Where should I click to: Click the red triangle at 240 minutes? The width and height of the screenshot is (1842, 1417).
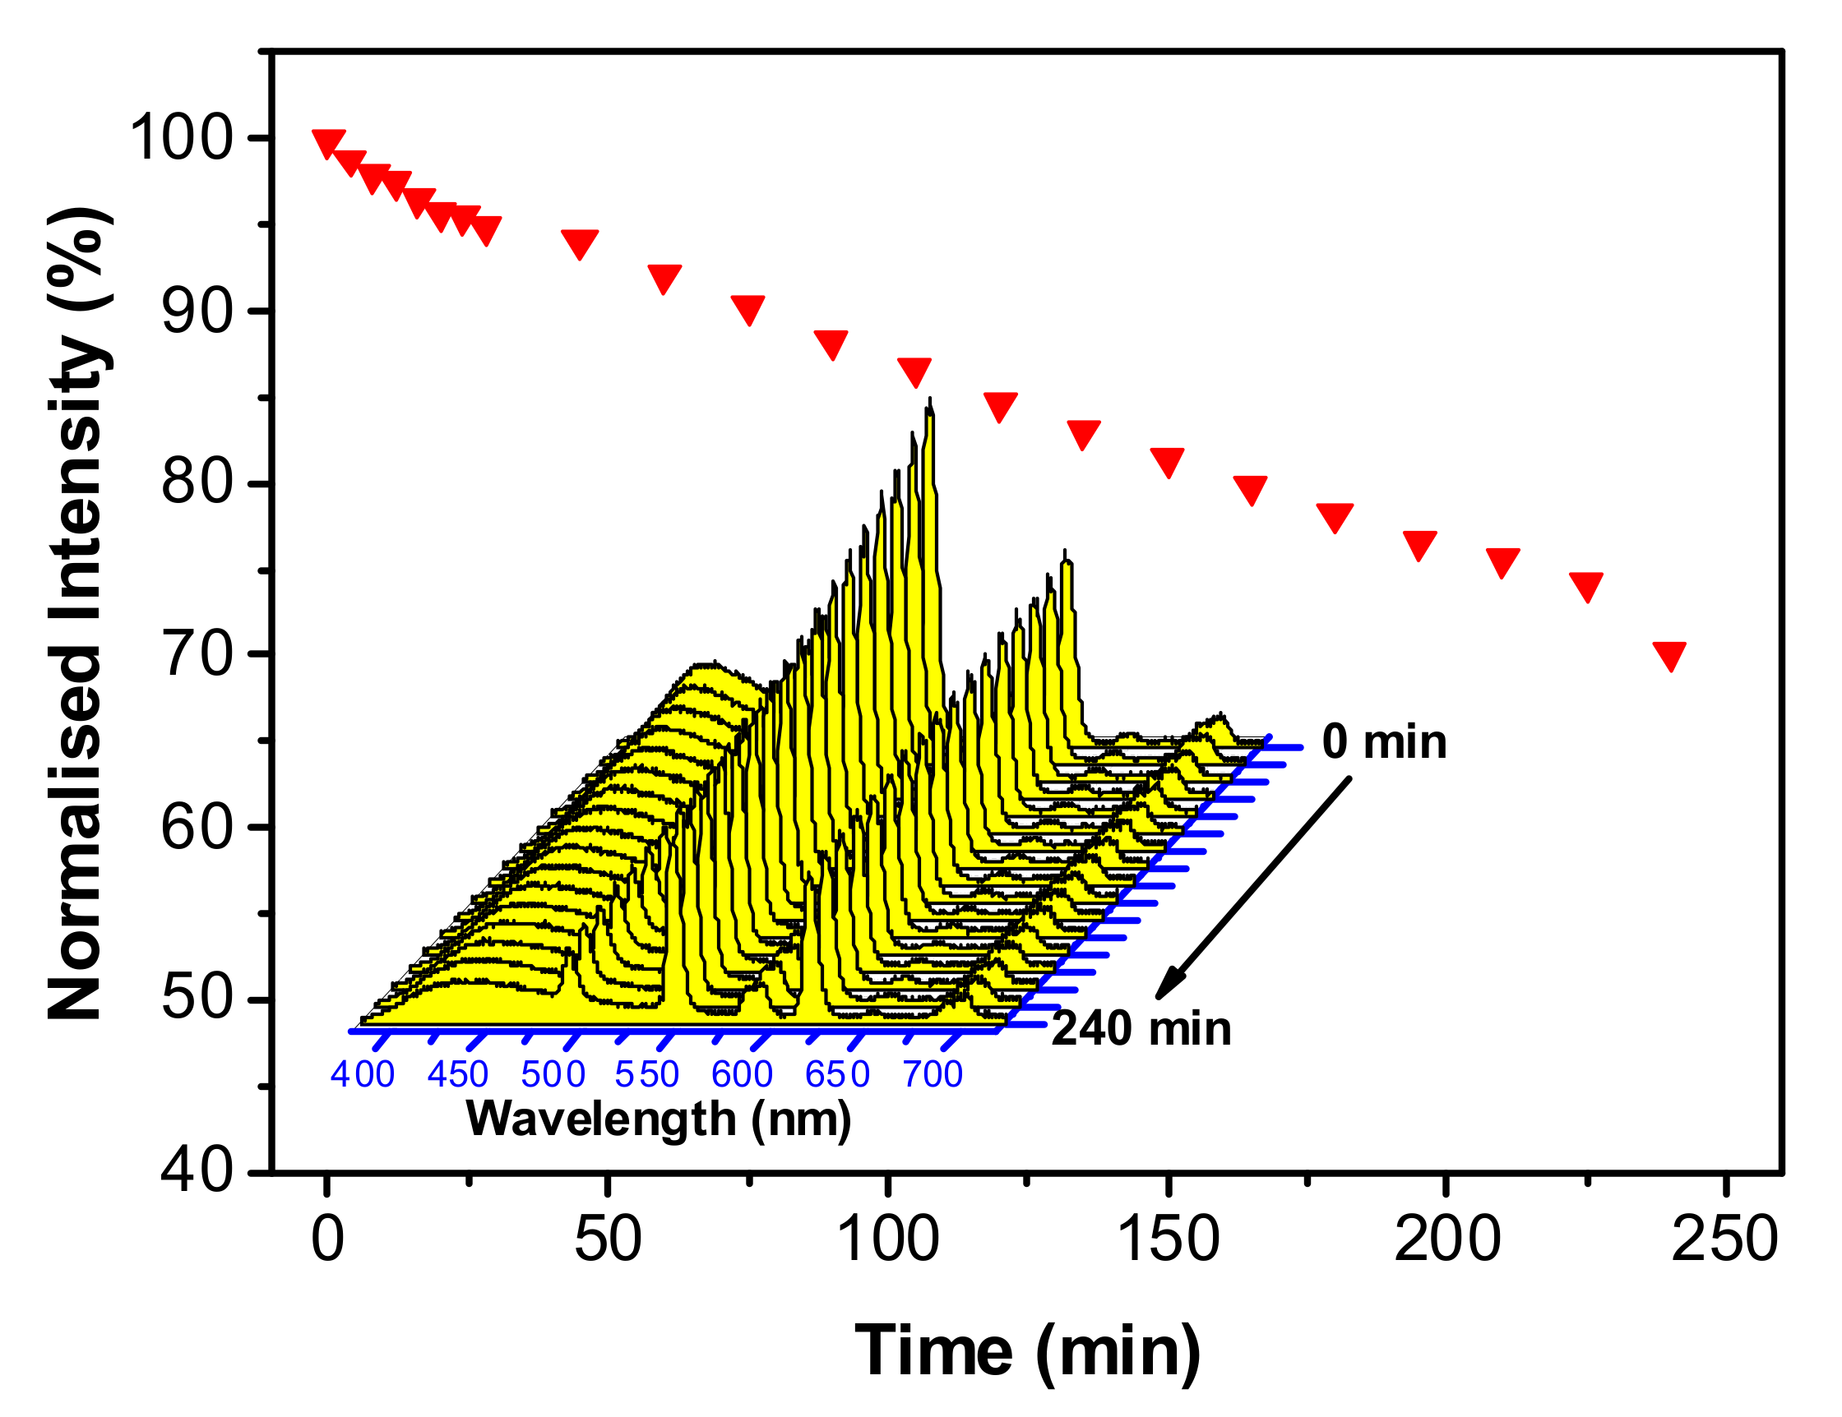point(1669,655)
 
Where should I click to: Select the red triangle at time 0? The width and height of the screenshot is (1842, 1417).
point(328,142)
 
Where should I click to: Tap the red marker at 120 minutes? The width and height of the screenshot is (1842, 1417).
point(1000,405)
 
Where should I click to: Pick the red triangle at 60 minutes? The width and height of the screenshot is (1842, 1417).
point(664,277)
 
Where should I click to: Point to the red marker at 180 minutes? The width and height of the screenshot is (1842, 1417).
point(1335,517)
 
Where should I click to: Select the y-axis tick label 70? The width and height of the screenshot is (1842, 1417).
point(196,655)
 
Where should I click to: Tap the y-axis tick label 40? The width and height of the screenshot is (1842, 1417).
point(196,1171)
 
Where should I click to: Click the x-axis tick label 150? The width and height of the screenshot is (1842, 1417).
point(1169,1240)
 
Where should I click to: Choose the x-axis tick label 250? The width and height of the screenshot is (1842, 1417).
point(1724,1240)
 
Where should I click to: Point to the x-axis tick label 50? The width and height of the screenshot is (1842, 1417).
point(607,1240)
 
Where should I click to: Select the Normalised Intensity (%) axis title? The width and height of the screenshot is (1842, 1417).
point(77,614)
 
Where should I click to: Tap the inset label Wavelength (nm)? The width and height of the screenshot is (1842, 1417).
point(659,1119)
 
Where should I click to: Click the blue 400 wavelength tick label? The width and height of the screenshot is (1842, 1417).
point(362,1075)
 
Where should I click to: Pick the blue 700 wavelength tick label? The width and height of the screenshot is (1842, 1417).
point(933,1075)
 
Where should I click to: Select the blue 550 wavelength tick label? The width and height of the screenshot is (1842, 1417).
point(647,1075)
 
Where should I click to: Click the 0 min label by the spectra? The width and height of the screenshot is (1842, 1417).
point(1384,743)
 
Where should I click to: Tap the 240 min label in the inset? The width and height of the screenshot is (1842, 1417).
point(1141,1029)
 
